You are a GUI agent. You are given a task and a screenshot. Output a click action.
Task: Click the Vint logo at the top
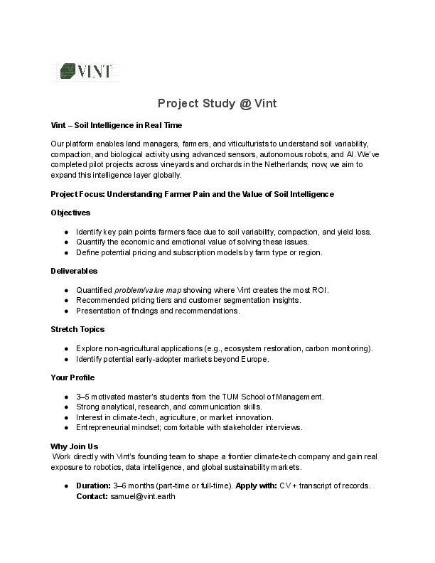[87, 71]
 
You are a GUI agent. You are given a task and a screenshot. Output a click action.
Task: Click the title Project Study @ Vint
[217, 104]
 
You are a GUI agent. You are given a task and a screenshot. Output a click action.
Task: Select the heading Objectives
[70, 213]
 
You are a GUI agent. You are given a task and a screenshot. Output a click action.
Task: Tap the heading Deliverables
[74, 271]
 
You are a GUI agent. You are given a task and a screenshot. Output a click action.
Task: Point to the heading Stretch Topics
[77, 329]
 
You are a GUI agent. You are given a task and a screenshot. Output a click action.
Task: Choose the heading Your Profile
[72, 377]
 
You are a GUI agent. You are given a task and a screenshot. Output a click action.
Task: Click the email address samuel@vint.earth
[141, 496]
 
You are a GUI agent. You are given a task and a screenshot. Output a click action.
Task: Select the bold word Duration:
[93, 486]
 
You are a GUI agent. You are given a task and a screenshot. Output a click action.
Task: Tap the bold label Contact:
[92, 496]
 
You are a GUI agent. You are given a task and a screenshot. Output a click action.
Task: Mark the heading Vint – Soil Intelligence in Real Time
[117, 124]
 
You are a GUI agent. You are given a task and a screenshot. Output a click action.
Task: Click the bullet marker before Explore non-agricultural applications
[66, 348]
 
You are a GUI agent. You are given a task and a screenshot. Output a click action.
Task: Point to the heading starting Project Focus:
[192, 193]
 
